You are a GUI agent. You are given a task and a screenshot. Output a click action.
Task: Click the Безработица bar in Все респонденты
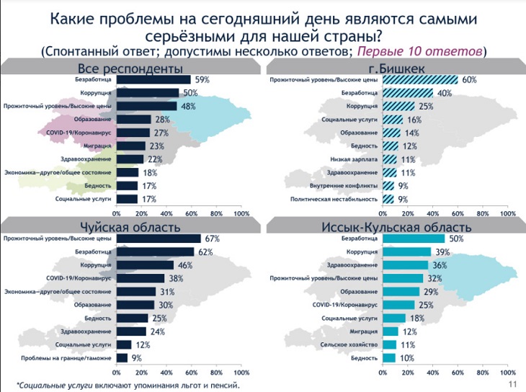tap(153, 79)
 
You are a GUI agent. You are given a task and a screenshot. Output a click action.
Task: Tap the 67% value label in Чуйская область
tap(211, 239)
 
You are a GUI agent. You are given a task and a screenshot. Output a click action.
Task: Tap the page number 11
tap(512, 384)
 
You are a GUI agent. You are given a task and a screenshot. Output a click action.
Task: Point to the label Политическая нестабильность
tap(333, 199)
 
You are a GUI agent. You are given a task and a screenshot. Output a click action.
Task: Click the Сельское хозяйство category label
tap(347, 344)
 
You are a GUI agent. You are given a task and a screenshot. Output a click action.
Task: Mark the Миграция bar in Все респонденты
tap(130, 146)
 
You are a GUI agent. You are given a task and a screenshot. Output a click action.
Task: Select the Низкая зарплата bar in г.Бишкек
tap(390, 159)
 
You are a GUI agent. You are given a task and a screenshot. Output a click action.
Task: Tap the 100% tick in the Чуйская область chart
tap(241, 373)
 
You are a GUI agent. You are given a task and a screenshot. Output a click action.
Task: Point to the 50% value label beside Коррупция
tap(190, 93)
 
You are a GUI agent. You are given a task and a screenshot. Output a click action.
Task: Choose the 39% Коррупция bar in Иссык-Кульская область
tap(407, 251)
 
